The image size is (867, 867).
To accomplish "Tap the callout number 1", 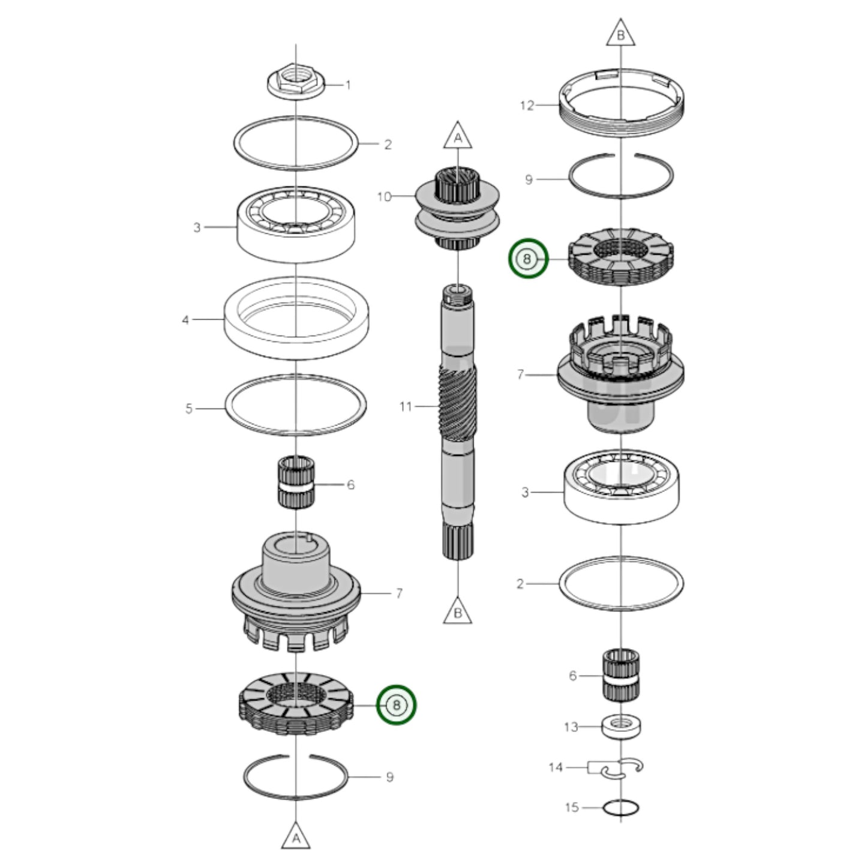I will pos(348,85).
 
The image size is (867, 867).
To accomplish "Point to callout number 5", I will pos(189,409).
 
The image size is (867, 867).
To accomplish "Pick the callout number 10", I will pos(384,196).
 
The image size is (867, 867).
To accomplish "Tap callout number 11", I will pos(406,406).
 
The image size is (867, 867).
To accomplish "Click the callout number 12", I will pos(527,106).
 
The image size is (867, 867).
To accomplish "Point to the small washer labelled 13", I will pos(621,726).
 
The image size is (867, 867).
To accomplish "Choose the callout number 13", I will pos(571,727).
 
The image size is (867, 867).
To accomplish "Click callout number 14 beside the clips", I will pos(556,767).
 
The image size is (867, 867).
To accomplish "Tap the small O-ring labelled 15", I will pos(621,808).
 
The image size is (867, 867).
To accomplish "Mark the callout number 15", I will pos(572,807).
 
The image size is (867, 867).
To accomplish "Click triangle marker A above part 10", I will pos(458,137).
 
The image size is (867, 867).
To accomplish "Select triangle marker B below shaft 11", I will pos(458,612).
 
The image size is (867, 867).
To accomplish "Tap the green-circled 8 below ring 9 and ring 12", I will pos(528,259).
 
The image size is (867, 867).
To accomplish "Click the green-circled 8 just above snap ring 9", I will pos(396,704).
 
